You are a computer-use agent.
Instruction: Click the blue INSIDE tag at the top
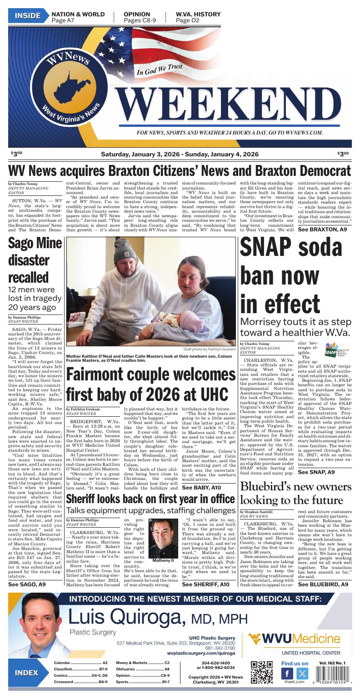pos(27,16)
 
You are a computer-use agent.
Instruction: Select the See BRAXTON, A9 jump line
pos(322,230)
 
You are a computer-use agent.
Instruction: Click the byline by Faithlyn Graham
pos(83,409)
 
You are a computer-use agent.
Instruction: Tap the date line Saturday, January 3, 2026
pos(180,155)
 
